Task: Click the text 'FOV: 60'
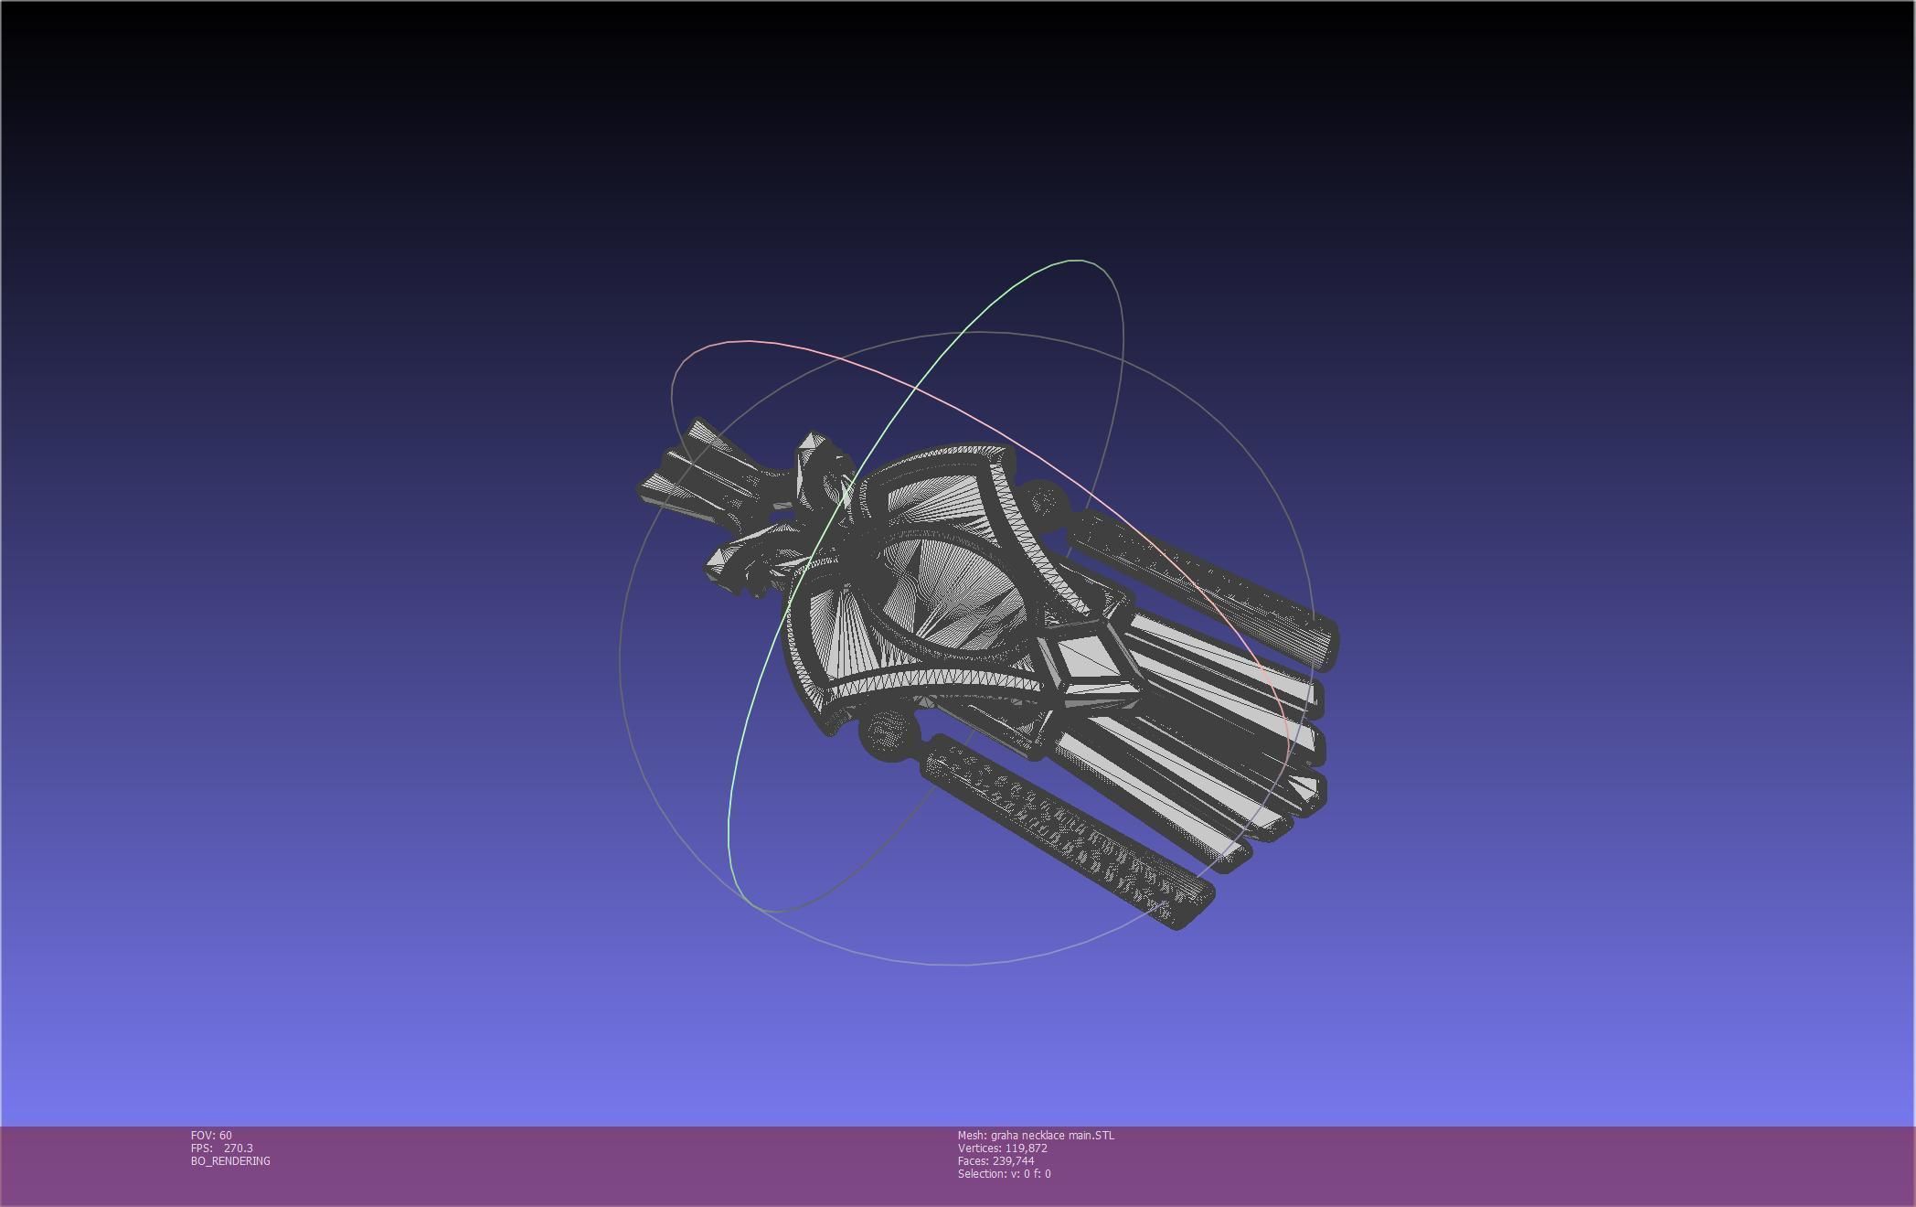coord(211,1136)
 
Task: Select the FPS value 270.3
coord(238,1148)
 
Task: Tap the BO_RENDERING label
coord(230,1161)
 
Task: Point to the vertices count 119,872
coord(1026,1148)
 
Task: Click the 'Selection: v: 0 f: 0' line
coord(1004,1174)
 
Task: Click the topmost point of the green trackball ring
coord(1079,261)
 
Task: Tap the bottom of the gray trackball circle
coord(960,964)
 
